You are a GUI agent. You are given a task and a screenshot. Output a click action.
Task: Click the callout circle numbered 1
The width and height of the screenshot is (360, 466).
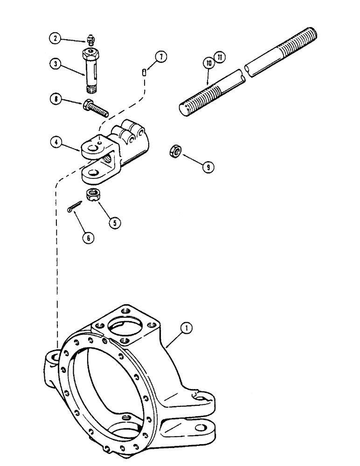pyautogui.click(x=187, y=329)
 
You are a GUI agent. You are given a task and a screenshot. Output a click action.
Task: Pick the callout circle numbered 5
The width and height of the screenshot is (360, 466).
pyautogui.click(x=113, y=222)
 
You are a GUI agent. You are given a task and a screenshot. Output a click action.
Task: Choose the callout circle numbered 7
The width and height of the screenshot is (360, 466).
pyautogui.click(x=160, y=57)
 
